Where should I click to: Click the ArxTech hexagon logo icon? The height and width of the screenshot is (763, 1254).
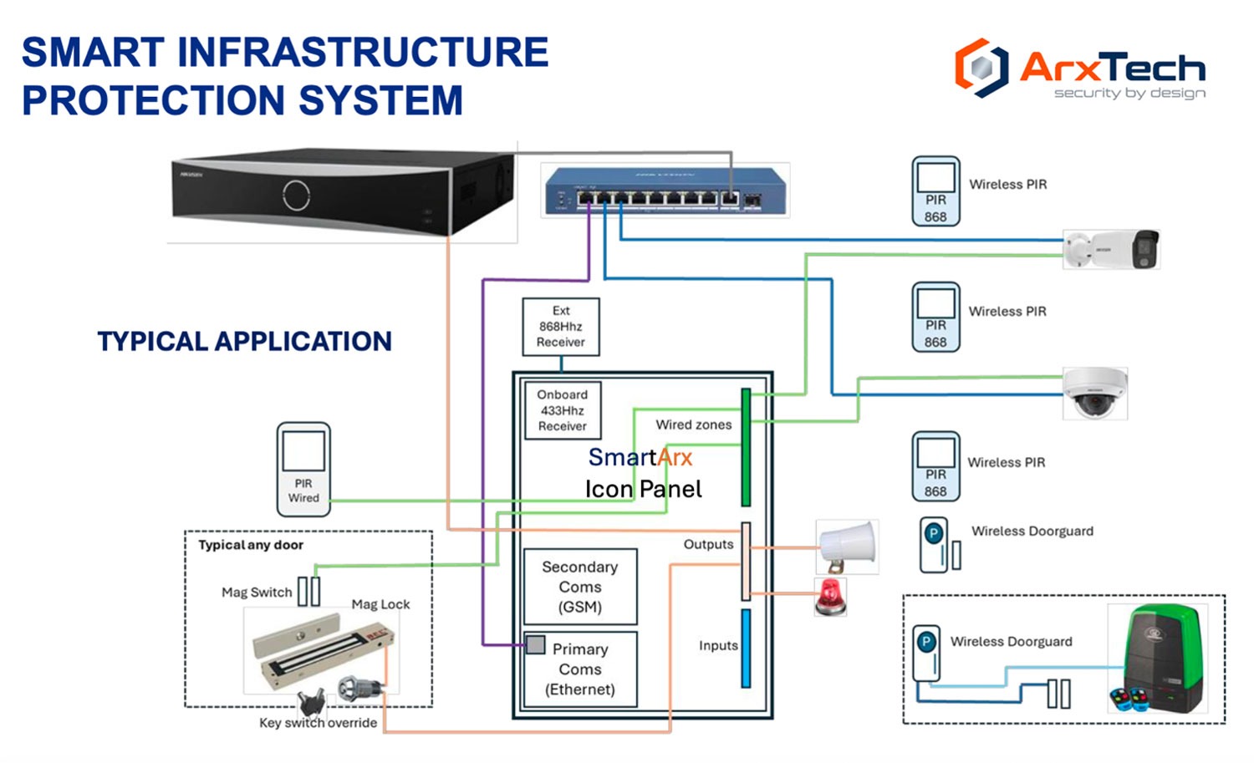(981, 67)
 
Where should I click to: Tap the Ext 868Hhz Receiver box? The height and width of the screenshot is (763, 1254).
(561, 327)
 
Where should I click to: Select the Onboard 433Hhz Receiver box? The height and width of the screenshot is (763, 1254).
(563, 410)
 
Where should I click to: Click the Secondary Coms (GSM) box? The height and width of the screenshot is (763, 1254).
(580, 587)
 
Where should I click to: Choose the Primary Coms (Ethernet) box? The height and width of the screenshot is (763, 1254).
(580, 669)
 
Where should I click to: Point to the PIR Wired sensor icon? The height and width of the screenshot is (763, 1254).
(303, 469)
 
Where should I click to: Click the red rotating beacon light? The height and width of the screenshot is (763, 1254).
(830, 597)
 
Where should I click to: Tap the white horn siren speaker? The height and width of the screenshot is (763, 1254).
(847, 547)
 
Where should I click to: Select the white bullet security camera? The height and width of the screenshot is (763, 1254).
(1111, 249)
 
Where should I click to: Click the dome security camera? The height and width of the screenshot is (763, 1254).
(1095, 393)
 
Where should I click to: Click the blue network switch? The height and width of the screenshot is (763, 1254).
(665, 191)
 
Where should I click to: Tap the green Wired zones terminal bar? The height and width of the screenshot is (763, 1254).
(746, 447)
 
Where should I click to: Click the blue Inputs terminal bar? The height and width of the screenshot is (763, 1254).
(746, 649)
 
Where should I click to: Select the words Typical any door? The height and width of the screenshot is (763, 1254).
(251, 545)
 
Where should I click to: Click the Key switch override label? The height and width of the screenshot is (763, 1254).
(318, 723)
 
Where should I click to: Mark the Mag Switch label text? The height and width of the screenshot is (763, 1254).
(257, 593)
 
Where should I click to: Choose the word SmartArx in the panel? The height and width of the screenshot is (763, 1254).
(640, 457)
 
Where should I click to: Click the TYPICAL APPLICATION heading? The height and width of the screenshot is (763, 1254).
(244, 341)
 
